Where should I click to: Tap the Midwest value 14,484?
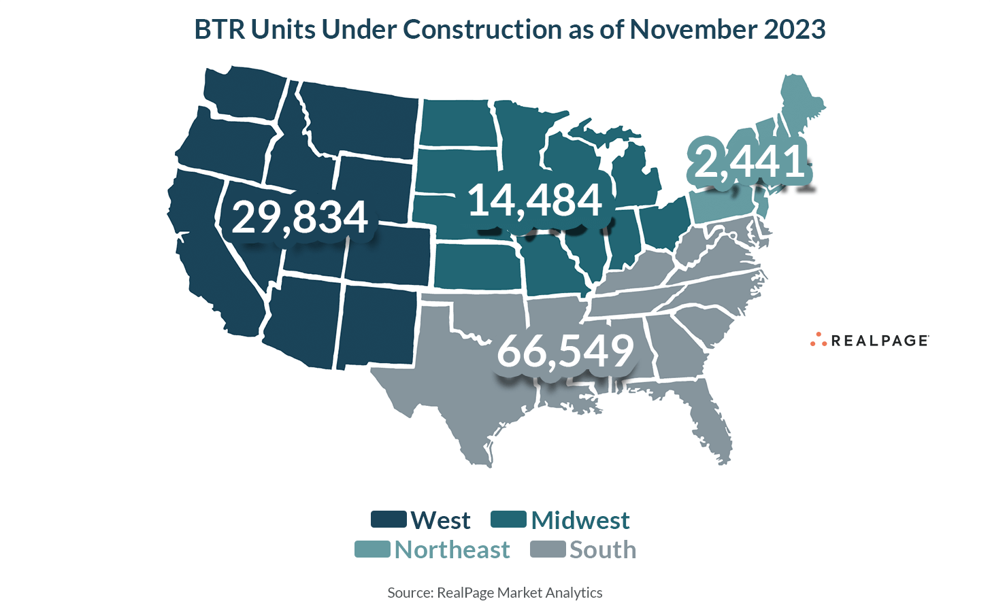[535, 201]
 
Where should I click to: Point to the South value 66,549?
[565, 351]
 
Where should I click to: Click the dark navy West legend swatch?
[389, 519]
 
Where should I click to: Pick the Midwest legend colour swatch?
[508, 519]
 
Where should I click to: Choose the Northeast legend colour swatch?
[372, 549]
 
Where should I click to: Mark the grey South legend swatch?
[548, 549]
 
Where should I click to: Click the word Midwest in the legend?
[580, 520]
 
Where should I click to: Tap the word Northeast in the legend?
[452, 550]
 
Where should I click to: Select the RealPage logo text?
[879, 341]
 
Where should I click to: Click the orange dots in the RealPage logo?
[818, 340]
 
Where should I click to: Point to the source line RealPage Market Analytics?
[495, 593]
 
